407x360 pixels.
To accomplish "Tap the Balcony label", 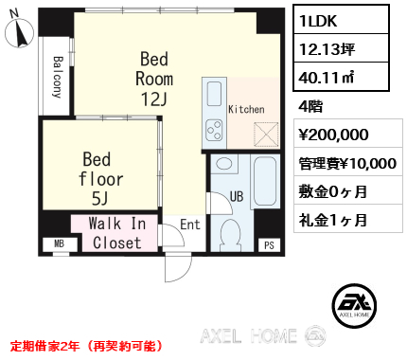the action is coord(58,77).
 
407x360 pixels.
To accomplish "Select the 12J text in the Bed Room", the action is coord(153,99).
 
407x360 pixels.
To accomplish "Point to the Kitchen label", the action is coord(246,109).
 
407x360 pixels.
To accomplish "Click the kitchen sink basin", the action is coord(214,94).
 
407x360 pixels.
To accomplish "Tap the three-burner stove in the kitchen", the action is coord(214,131).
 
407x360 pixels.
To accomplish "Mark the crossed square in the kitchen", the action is coord(267,135).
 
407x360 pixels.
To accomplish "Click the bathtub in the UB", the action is coord(265,181).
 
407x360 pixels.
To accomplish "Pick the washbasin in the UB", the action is coord(224,164).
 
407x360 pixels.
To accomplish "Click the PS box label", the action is coord(269,245).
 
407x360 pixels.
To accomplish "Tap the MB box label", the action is coord(60,243).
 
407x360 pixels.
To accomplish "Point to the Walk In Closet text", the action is coord(117,233).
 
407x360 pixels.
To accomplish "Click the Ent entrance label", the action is coord(190,225).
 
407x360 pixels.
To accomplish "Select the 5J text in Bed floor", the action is coord(99,199).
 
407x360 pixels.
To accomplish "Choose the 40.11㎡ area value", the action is coord(327,78).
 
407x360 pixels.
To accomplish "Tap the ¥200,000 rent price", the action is coord(333,135).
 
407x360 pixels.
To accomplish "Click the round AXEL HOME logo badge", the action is coord(354,305).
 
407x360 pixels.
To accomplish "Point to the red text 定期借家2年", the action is coord(45,346).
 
